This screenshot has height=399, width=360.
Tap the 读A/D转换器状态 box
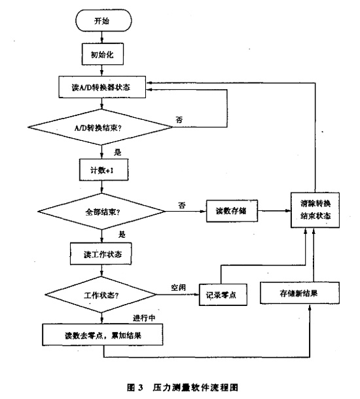click(102, 87)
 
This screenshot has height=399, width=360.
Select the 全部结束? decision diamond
click(102, 212)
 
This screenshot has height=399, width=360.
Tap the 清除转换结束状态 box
click(316, 212)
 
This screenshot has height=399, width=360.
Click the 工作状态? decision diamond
click(102, 295)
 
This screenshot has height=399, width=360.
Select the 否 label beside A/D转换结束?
click(180, 119)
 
